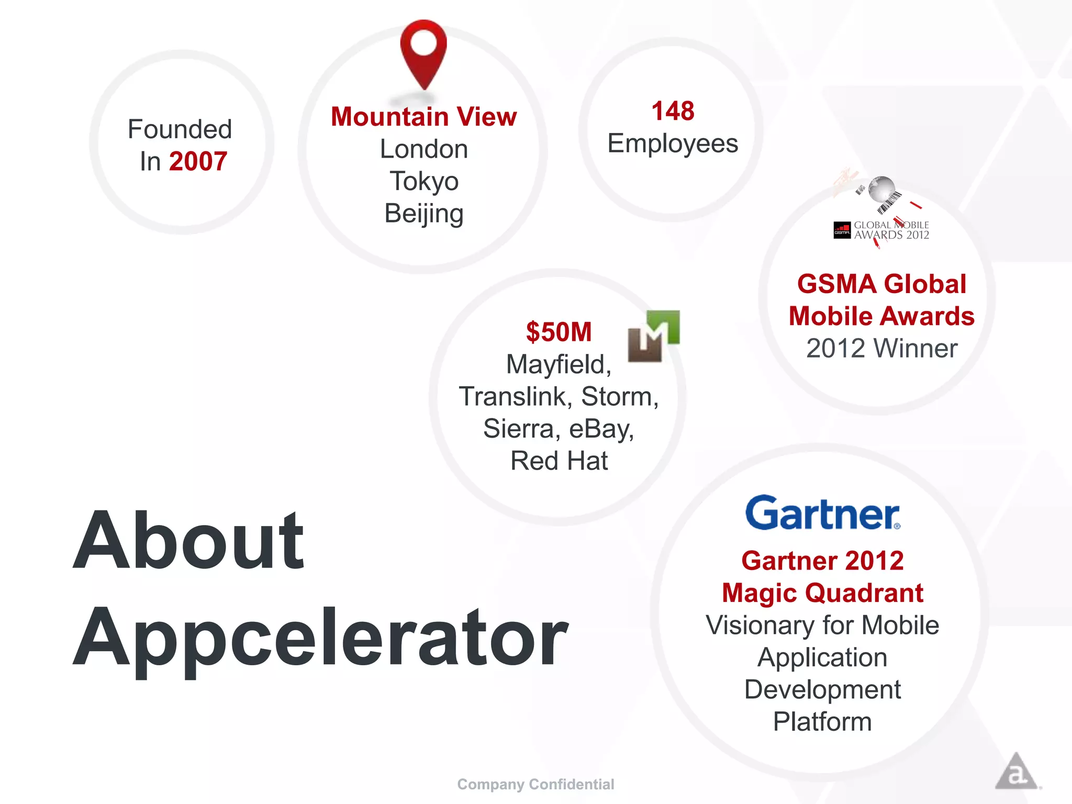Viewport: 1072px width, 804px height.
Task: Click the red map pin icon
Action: pos(423,52)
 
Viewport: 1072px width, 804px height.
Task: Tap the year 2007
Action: pos(198,161)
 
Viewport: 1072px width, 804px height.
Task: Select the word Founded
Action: pos(180,129)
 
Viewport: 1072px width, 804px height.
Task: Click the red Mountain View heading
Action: pos(423,116)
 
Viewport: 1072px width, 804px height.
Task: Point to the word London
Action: pos(423,149)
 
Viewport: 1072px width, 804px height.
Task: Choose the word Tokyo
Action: pos(423,181)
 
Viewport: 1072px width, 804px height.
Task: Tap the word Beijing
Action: pos(423,214)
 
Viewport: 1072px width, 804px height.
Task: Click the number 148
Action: pos(673,111)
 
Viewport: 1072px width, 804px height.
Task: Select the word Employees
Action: pos(673,143)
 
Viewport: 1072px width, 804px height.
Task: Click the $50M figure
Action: pos(559,332)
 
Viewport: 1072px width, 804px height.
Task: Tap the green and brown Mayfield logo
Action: pos(653,336)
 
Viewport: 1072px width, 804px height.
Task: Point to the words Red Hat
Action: pos(559,461)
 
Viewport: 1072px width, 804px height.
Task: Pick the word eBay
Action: pos(601,429)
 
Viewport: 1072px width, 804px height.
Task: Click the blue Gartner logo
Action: pos(822,513)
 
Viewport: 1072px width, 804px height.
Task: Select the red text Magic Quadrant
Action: pos(822,593)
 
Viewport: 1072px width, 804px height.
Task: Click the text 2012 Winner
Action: pos(881,349)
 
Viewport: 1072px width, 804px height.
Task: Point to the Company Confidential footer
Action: pos(535,784)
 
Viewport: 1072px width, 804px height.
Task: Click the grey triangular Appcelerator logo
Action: pos(1016,772)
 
